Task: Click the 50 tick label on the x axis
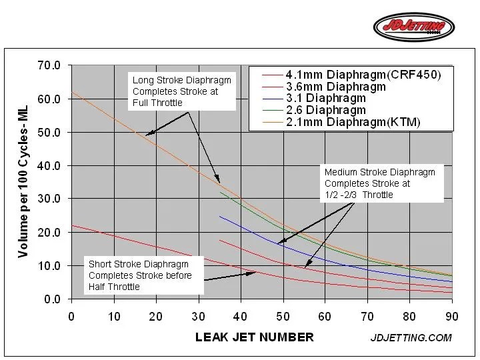tap(283, 317)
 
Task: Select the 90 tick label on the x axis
tap(452, 317)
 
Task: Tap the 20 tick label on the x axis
tap(156, 317)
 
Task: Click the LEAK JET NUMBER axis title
tap(254, 337)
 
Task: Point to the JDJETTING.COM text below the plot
tap(411, 337)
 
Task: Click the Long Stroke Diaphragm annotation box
tap(183, 91)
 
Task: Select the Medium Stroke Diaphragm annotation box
tap(381, 183)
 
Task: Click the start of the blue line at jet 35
tap(220, 216)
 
